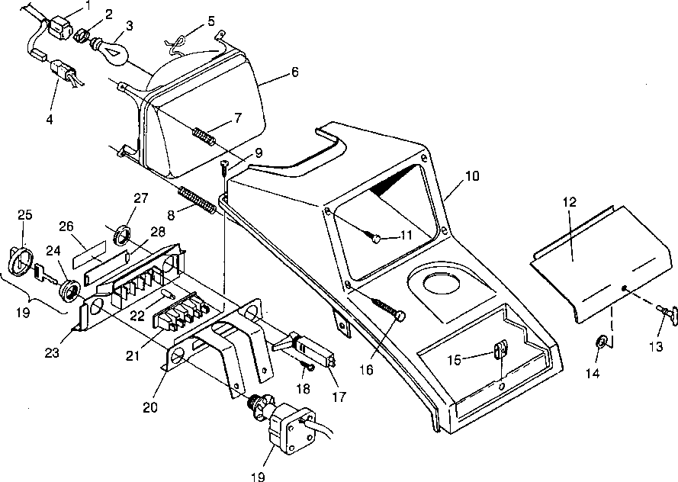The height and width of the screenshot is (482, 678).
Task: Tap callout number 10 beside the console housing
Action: [471, 176]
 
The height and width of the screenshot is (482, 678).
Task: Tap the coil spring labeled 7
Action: [204, 136]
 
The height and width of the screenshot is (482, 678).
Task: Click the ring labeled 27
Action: [120, 233]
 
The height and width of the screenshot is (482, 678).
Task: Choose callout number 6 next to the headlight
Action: [294, 72]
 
